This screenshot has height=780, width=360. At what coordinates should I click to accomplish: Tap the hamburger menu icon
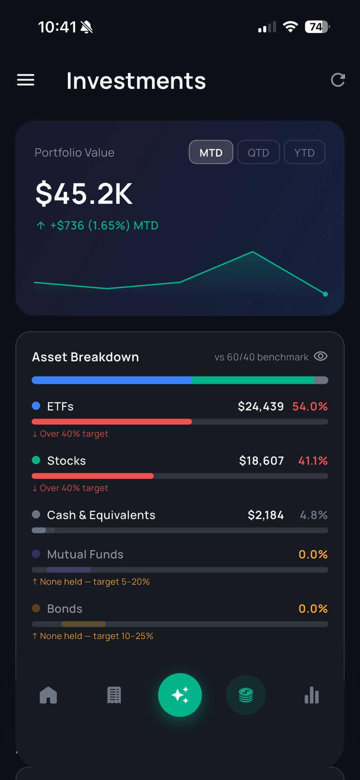click(x=26, y=80)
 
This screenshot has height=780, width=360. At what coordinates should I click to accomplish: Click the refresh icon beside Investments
click(x=338, y=80)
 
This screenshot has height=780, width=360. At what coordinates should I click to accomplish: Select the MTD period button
click(x=211, y=152)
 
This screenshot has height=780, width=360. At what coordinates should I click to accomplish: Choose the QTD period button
click(x=258, y=152)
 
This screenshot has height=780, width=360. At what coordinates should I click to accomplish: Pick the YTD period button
click(x=304, y=152)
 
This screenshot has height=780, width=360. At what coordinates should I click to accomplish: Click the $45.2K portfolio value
click(x=84, y=194)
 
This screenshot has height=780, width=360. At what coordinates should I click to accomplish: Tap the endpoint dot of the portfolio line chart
click(x=325, y=294)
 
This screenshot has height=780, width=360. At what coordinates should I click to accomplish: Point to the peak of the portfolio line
click(x=252, y=252)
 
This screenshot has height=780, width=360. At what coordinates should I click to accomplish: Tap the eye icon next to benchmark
click(x=320, y=356)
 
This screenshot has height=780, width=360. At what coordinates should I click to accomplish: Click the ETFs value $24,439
click(x=261, y=406)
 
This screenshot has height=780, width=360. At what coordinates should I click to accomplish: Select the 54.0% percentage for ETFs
click(x=310, y=406)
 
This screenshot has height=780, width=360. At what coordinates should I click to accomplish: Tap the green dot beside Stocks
click(x=36, y=460)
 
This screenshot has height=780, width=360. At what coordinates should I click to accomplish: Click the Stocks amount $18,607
click(x=261, y=461)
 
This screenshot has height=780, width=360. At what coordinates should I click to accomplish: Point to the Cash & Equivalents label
click(x=101, y=515)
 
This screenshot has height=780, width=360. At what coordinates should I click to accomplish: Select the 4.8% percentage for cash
click(x=314, y=515)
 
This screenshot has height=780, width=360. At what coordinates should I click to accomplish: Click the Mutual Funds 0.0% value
click(x=313, y=554)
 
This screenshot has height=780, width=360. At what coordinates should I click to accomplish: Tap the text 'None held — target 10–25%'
click(x=96, y=636)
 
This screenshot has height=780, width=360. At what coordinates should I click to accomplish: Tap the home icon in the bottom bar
click(x=48, y=695)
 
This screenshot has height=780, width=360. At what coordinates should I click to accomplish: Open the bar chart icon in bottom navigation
click(x=312, y=695)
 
